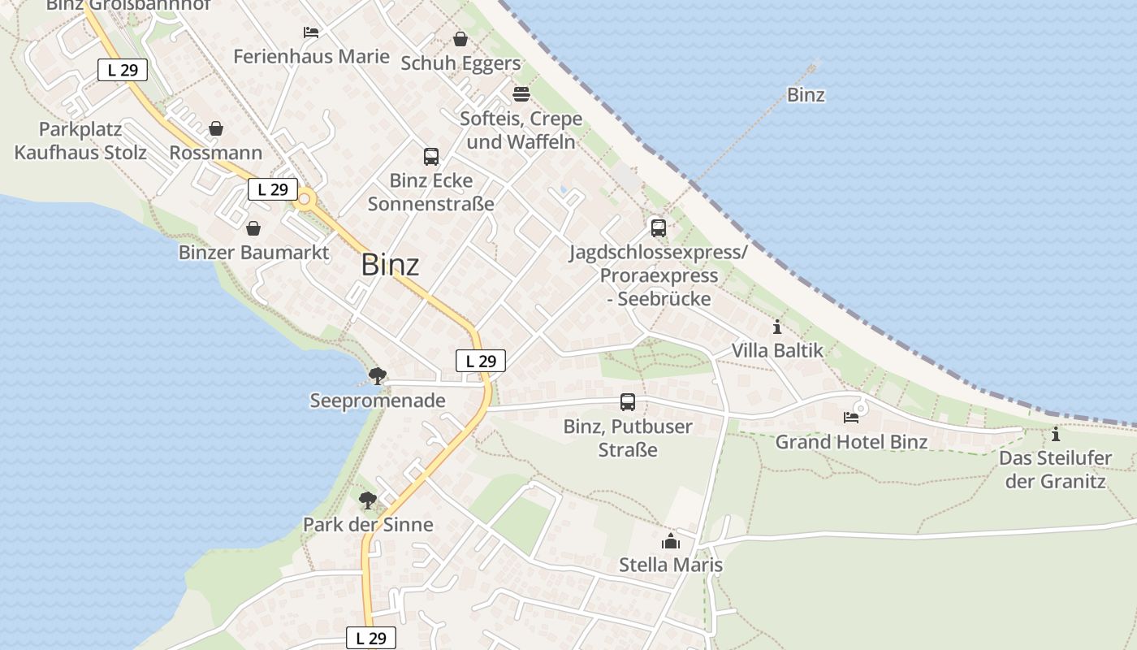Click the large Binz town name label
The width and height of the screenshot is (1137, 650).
390,265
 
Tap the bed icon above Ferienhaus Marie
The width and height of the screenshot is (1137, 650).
311,32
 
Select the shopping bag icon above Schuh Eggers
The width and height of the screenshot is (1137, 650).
460,39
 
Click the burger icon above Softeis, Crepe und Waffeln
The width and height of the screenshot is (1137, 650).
521,94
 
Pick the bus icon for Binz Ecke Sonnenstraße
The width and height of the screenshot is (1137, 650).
430,157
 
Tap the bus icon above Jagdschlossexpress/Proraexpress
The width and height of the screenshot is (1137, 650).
658,228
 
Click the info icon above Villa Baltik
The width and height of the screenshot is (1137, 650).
777,327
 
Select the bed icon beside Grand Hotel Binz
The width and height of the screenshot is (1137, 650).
851,418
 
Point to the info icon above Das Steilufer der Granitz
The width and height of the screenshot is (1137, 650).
1055,435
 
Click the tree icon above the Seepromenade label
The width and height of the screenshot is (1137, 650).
377,376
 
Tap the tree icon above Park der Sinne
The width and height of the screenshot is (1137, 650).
368,500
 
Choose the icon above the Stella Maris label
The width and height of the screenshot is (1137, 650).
670,541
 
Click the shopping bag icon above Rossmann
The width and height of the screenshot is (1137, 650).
216,128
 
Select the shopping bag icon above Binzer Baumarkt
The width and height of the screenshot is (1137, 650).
253,228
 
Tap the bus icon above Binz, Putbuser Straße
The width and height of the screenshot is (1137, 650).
628,402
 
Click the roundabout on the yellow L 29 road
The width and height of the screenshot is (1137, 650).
305,199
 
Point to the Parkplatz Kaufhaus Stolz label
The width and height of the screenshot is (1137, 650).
80,141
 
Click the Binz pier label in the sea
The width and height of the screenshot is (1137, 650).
806,95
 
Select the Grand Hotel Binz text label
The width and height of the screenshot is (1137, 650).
851,442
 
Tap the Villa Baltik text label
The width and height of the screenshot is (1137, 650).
777,351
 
